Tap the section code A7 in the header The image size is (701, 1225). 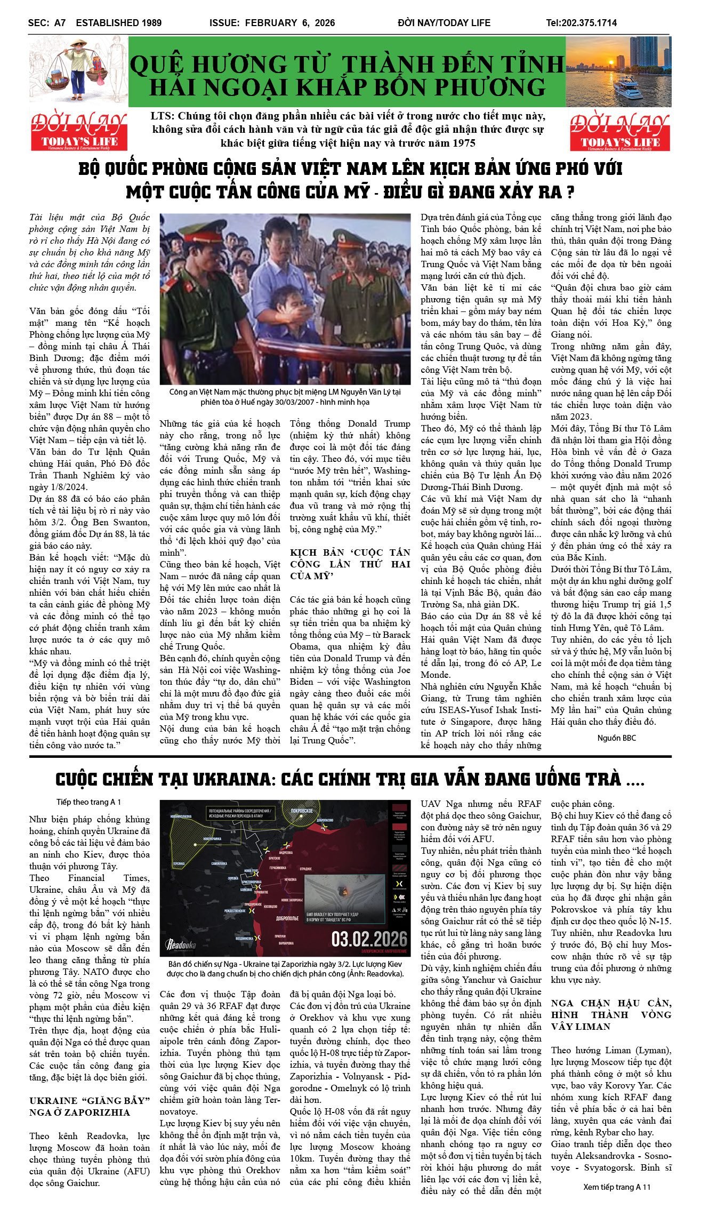pos(59,23)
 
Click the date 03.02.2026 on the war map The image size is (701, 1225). pos(369,938)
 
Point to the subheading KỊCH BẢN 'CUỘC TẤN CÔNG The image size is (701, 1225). pos(350,564)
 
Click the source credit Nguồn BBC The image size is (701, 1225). pos(616,738)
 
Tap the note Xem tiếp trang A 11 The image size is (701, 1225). pos(617,1187)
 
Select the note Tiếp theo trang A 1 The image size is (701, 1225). pos(88,802)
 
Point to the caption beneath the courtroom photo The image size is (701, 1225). pos(285,397)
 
